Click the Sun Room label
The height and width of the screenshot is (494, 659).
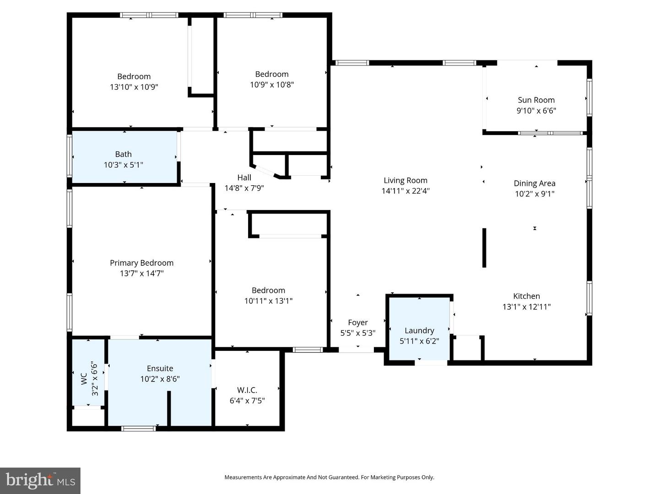[x=536, y=100]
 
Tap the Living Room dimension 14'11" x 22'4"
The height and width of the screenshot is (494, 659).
[x=405, y=191]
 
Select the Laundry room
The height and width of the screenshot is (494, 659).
[x=419, y=329]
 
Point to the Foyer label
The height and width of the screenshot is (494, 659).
[x=357, y=322]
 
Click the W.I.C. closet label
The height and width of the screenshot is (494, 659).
[x=247, y=390]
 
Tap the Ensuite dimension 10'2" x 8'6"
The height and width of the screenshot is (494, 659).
[x=160, y=379]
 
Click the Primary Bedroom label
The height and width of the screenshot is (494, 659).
[x=141, y=263]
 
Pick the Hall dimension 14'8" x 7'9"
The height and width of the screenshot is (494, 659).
[x=244, y=188]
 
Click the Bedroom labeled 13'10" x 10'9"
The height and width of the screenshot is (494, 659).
[x=134, y=81]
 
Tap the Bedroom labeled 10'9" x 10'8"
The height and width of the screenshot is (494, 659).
[x=272, y=79]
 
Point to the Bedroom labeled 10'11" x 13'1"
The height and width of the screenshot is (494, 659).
[x=268, y=295]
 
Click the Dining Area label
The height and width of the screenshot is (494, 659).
[x=535, y=183]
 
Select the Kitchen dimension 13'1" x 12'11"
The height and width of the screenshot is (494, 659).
[x=526, y=307]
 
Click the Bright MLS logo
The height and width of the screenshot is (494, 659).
[x=40, y=480]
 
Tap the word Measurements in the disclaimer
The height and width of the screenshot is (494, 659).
[x=243, y=477]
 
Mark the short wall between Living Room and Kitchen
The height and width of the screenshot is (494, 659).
[x=484, y=247]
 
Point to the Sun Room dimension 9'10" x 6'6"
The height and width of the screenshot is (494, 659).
[x=536, y=111]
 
